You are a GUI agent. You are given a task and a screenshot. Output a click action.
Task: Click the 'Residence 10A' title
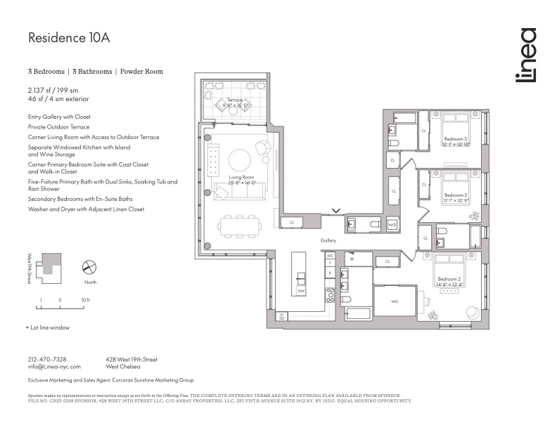69,38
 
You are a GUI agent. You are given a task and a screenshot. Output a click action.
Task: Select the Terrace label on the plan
234,100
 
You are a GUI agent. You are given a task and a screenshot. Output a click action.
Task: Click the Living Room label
241,177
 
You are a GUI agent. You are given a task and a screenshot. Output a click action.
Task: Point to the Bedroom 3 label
454,141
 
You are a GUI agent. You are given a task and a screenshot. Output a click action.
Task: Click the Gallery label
328,240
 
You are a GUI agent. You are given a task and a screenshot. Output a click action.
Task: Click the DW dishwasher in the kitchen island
300,290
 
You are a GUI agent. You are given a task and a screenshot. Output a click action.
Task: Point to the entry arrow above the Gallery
336,210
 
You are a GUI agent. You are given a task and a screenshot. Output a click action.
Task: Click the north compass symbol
89,268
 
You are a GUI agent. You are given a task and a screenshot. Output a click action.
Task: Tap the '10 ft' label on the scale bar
84,300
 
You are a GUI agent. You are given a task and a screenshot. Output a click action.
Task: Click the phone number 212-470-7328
47,358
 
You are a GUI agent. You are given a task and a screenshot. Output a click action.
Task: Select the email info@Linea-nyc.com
54,366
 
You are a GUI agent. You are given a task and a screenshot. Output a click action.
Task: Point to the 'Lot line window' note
49,327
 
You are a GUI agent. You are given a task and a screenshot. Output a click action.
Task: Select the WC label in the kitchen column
329,256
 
